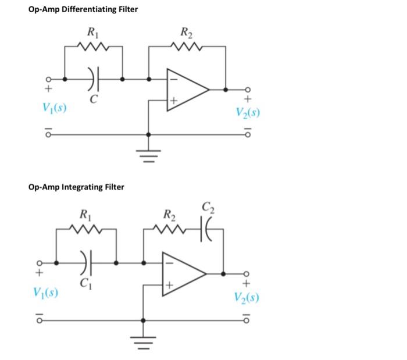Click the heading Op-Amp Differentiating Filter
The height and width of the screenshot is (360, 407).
click(x=83, y=10)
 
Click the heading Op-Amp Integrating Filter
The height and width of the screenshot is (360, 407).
click(x=76, y=187)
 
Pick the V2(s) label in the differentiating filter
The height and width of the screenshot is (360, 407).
click(x=247, y=112)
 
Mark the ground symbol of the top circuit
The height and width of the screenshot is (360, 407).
click(x=149, y=156)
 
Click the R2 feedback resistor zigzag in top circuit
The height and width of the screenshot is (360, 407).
click(x=187, y=45)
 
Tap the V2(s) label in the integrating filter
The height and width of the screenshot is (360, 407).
click(x=247, y=297)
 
